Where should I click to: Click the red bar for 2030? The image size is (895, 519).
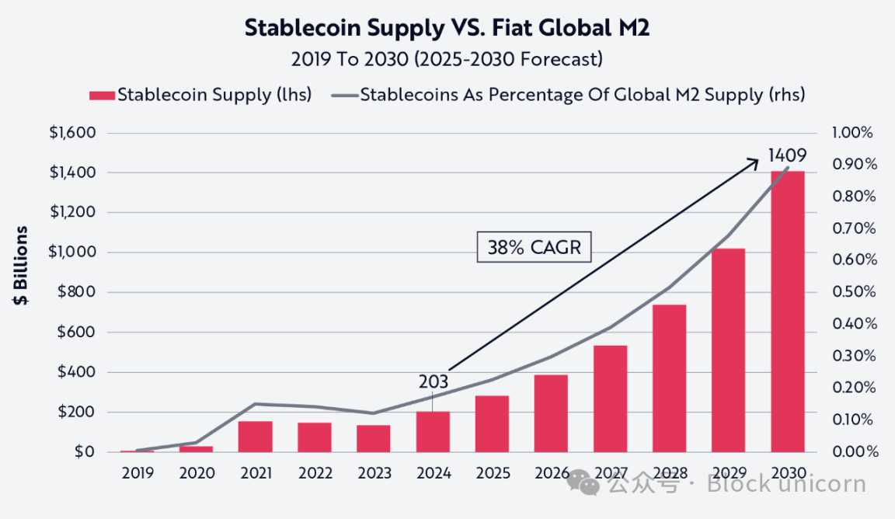pos(787,311)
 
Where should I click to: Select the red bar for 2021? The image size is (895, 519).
pos(255,437)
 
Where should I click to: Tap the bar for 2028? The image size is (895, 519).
pos(669,378)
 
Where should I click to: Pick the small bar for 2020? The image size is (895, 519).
pos(196,448)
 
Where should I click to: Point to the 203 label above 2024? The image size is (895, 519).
pos(433,382)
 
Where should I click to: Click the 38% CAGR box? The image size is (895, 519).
pos(534,248)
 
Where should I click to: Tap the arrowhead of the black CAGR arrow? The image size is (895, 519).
pos(754,160)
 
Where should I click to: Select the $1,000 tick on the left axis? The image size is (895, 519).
pos(71,253)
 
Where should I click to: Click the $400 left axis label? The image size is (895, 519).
pos(76,372)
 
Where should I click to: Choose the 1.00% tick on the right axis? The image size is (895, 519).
pos(852,133)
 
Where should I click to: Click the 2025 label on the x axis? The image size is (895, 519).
pos(492,472)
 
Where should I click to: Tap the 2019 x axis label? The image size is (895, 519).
pos(138,472)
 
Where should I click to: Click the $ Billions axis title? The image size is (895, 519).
pos(22,266)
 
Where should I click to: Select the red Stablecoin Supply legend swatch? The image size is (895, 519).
pos(101,96)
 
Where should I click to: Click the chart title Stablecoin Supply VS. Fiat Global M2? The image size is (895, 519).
pos(447,28)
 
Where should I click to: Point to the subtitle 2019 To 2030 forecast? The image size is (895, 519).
pos(447,59)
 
